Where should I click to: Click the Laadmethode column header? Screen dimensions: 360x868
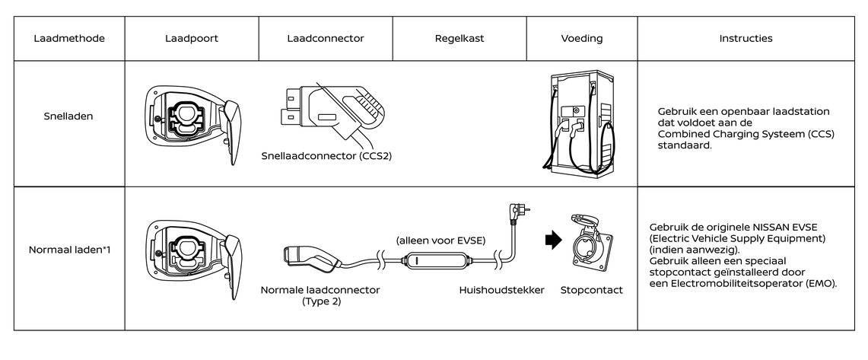(69, 37)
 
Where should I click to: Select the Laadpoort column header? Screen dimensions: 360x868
(192, 37)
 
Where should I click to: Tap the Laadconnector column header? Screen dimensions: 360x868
(326, 37)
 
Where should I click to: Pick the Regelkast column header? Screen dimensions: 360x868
(459, 37)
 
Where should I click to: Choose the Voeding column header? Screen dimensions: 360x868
(581, 37)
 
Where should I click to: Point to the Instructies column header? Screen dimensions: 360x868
(746, 37)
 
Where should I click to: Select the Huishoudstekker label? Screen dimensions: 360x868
(501, 290)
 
